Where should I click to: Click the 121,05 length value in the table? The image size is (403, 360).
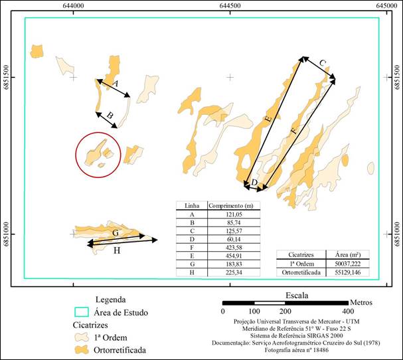(x=234, y=215)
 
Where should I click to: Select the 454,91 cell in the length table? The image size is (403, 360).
(x=234, y=256)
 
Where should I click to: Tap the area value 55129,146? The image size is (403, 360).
(x=347, y=272)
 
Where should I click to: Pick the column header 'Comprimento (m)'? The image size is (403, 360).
(x=231, y=206)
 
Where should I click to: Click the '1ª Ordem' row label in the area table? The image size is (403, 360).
(x=301, y=264)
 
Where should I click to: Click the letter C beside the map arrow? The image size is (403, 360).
(x=323, y=62)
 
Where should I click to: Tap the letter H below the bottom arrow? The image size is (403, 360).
(x=117, y=250)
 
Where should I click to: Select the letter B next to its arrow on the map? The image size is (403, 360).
(x=110, y=115)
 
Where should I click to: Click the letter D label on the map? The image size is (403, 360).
(x=254, y=183)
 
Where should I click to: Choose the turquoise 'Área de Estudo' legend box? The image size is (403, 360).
(x=82, y=312)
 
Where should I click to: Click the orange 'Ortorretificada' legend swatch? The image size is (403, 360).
(x=82, y=350)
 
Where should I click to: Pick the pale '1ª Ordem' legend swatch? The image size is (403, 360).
(x=82, y=337)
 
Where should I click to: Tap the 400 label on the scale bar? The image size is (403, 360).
(x=348, y=311)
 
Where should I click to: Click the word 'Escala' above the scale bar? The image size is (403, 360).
(x=297, y=296)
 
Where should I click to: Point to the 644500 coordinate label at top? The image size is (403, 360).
(x=230, y=5)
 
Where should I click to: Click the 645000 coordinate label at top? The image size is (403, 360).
(x=386, y=5)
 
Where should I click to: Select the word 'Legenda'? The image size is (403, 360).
(x=110, y=300)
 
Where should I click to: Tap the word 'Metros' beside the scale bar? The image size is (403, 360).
(x=361, y=302)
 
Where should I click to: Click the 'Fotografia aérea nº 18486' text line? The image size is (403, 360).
(x=297, y=350)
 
